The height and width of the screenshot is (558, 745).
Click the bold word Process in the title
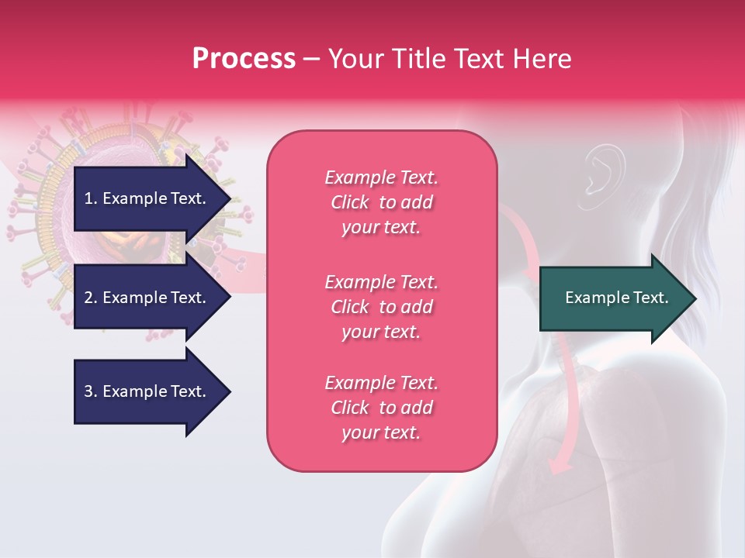point(244,59)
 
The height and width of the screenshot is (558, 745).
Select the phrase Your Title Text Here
point(449,59)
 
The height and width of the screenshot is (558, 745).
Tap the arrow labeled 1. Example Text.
point(147,198)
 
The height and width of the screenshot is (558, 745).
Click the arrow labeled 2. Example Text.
point(147,298)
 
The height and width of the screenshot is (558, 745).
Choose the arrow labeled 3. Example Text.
point(147,391)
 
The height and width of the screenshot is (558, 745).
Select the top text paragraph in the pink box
point(381,202)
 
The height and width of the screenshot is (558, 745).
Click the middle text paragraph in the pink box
point(381,307)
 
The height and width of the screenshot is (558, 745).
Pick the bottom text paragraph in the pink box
point(381,408)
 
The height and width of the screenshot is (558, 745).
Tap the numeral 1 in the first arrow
point(88,198)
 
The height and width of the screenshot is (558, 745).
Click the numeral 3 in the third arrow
point(88,391)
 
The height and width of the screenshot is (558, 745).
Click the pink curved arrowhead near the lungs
point(557,466)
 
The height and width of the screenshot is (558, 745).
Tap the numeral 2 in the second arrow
point(88,298)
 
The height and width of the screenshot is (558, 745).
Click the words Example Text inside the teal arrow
point(617,298)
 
